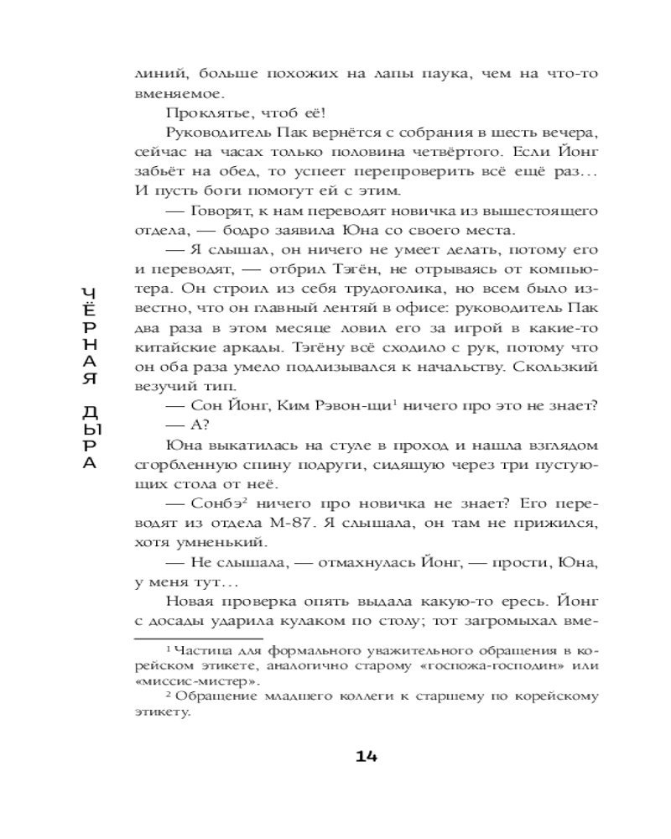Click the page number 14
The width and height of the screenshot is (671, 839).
point(367,755)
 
